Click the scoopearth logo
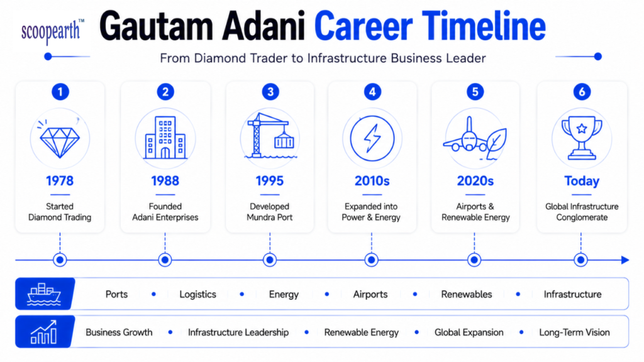tap(53, 32)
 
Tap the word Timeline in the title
tap(484, 26)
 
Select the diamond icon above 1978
tap(60, 139)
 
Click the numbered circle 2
tap(165, 92)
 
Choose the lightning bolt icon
tap(372, 138)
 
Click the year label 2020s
tap(475, 180)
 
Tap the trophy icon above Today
tap(582, 138)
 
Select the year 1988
tap(165, 180)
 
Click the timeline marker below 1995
tap(270, 260)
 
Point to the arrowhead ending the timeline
tap(625, 260)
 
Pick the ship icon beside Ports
tap(44, 294)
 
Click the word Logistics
tap(197, 294)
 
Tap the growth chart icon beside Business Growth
tap(43, 332)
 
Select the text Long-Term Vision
tap(574, 332)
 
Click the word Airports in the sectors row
tap(370, 294)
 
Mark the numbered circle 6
tap(582, 92)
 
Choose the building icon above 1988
tap(165, 137)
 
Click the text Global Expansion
tap(469, 332)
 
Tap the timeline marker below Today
tap(580, 260)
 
